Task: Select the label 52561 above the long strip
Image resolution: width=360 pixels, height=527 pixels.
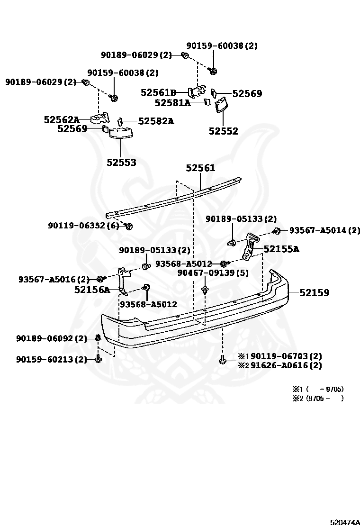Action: (200, 168)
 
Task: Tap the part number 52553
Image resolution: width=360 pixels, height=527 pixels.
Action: (121, 162)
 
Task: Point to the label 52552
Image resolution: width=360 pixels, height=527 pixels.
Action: (223, 131)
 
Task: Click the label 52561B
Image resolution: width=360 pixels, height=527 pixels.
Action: (158, 92)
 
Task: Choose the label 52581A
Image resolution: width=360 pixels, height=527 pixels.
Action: (172, 102)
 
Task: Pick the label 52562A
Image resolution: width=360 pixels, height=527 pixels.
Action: (62, 120)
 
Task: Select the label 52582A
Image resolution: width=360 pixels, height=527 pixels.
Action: (156, 121)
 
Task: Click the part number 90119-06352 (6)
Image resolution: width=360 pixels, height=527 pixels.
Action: (83, 226)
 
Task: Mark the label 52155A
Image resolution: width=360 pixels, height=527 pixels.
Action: (282, 248)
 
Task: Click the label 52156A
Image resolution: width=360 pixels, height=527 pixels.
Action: (92, 289)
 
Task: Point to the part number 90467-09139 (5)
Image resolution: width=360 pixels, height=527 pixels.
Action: (206, 273)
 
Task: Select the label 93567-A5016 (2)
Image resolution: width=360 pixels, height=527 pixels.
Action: (54, 279)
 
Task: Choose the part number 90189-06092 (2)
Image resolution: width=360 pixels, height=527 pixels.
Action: (52, 338)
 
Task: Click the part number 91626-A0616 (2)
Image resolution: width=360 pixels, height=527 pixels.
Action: (286, 365)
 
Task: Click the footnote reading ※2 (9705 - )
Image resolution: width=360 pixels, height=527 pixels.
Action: (317, 398)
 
